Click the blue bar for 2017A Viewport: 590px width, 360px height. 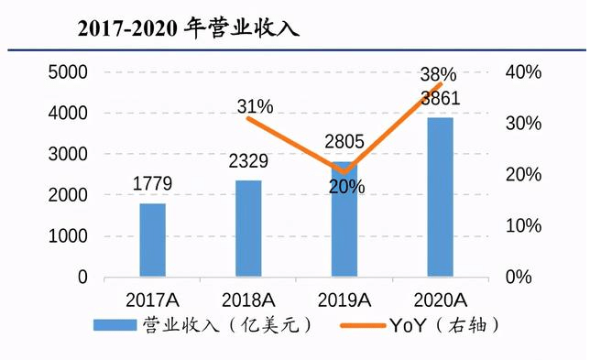pyautogui.click(x=153, y=240)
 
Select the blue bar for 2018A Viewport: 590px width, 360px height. pyautogui.click(x=248, y=228)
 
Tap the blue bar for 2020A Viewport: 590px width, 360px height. pyautogui.click(x=441, y=197)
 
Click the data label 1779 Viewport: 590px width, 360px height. pyautogui.click(x=152, y=183)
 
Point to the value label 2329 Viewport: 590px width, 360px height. pyautogui.click(x=248, y=161)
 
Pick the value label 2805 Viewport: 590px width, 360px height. pyautogui.click(x=344, y=141)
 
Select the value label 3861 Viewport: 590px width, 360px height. pyautogui.click(x=441, y=98)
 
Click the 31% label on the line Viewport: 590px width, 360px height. pyautogui.click(x=255, y=106)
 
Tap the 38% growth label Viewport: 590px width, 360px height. pyautogui.click(x=438, y=74)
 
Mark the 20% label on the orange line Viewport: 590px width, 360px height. pyautogui.click(x=346, y=187)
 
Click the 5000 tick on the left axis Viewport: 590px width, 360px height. pyautogui.click(x=68, y=71)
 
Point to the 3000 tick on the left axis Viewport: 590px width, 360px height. pyautogui.click(x=68, y=154)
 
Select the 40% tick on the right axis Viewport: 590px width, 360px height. pyautogui.click(x=523, y=71)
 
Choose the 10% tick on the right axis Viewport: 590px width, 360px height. pyautogui.click(x=523, y=225)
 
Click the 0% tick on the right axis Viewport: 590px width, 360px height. pyautogui.click(x=519, y=277)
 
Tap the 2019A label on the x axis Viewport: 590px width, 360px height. pyautogui.click(x=344, y=300)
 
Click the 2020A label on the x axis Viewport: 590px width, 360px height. pyautogui.click(x=441, y=300)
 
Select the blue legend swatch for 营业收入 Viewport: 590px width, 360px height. pyautogui.click(x=115, y=325)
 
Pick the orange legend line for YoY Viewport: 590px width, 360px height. pyautogui.click(x=363, y=325)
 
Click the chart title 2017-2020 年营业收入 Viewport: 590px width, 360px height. pyautogui.click(x=188, y=28)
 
